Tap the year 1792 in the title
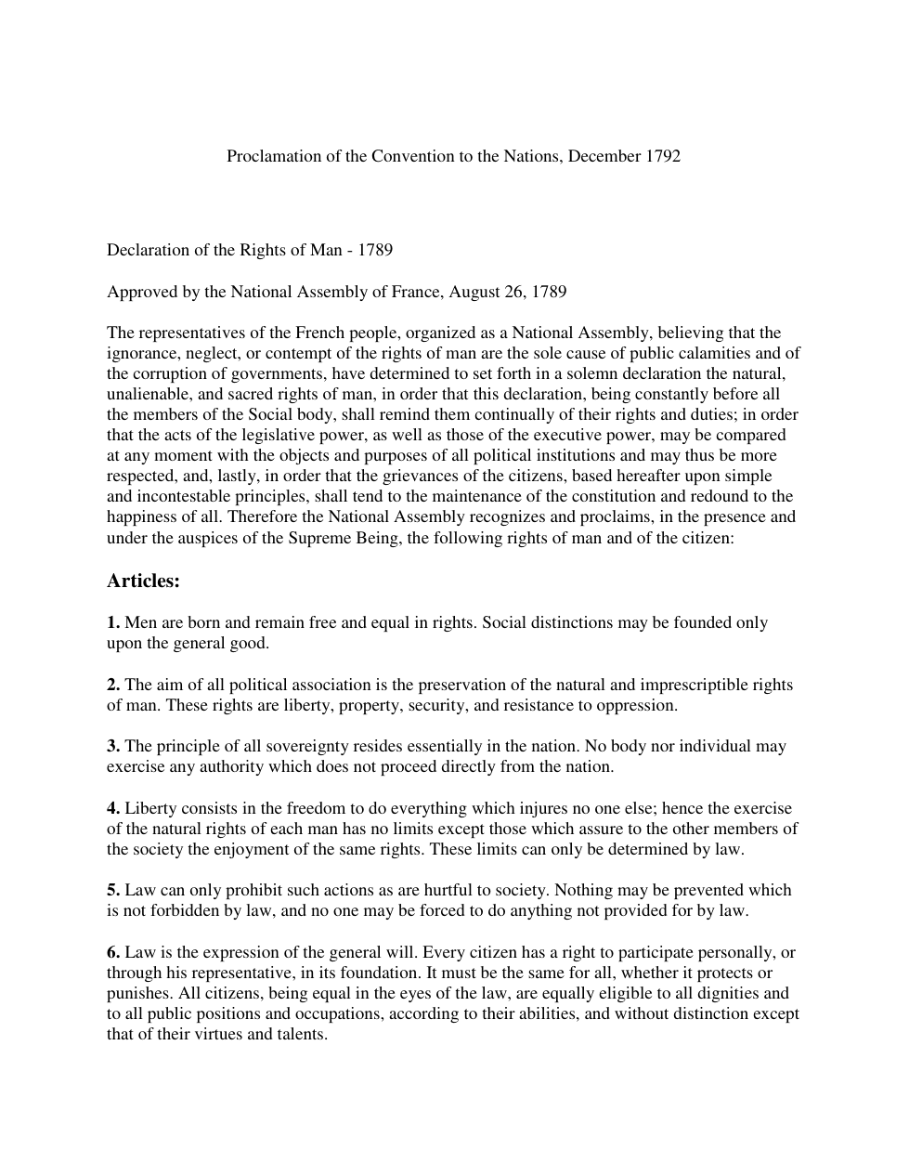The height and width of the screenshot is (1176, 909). click(x=662, y=156)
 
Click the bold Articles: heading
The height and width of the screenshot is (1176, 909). click(x=143, y=581)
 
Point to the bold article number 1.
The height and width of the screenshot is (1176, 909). click(x=113, y=622)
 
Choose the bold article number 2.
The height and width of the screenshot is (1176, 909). click(x=113, y=685)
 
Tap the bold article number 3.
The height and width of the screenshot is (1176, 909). click(x=113, y=746)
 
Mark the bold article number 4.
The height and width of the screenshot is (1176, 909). click(x=113, y=808)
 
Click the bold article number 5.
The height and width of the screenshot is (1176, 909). click(x=113, y=890)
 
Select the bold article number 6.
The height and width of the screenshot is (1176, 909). click(x=113, y=952)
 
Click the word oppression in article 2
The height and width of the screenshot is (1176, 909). click(x=635, y=705)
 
